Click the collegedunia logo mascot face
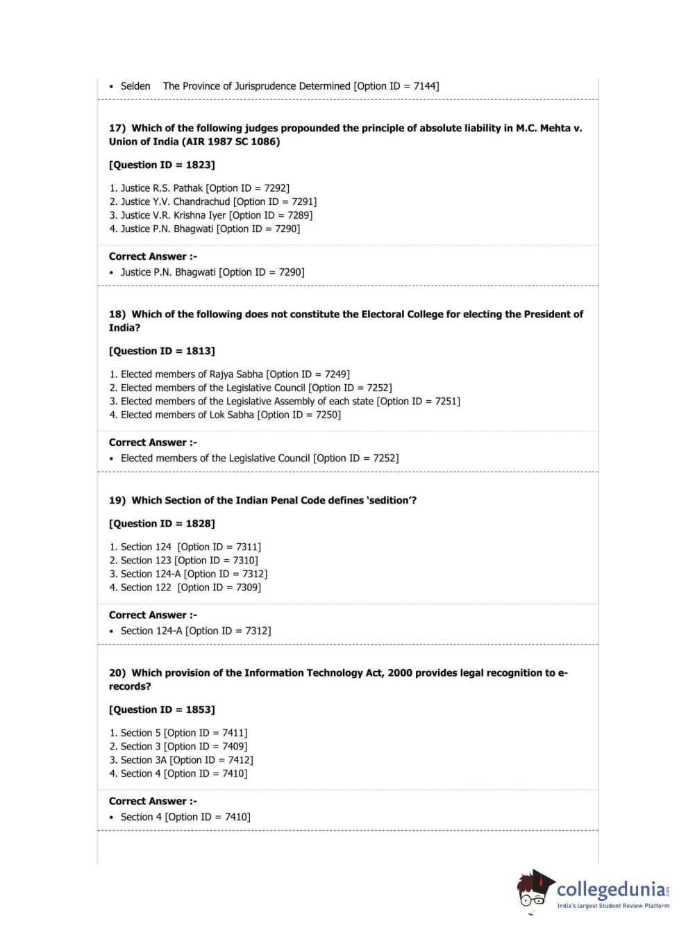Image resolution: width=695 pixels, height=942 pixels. click(533, 890)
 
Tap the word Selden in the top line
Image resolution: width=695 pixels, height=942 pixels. click(135, 86)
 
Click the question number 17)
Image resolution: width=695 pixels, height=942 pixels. click(117, 128)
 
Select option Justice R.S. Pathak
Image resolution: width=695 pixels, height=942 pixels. click(162, 188)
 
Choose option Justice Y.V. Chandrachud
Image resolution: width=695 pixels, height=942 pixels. click(175, 201)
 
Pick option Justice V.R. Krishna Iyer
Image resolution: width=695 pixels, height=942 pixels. click(174, 215)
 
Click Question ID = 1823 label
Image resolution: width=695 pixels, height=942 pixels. click(162, 165)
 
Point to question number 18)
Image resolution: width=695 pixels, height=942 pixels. click(117, 314)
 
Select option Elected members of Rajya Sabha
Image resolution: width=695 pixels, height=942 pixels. click(192, 374)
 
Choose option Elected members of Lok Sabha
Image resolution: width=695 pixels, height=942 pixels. click(187, 415)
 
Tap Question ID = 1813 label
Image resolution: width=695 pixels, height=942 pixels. click(162, 351)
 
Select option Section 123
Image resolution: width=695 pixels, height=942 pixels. click(146, 561)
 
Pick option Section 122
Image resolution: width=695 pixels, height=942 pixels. click(146, 588)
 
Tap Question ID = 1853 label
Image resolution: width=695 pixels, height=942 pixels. click(162, 709)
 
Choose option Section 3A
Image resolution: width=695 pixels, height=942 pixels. click(144, 760)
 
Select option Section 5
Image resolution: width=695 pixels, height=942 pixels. click(140, 733)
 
